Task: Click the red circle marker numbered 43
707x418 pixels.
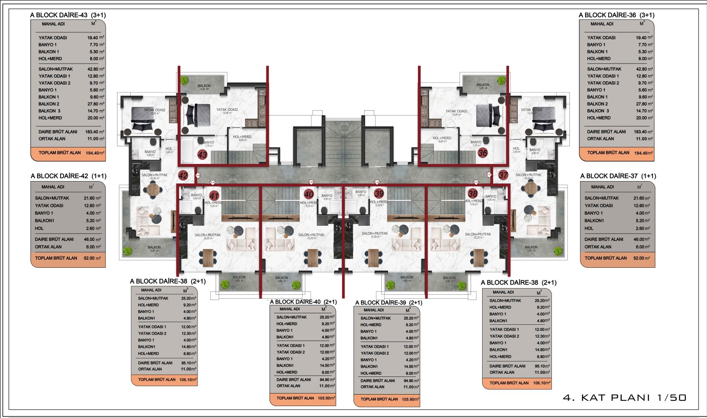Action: tap(202, 155)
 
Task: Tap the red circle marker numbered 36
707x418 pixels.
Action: tap(483, 153)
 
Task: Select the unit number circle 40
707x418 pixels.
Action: tap(309, 194)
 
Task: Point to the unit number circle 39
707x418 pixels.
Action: tap(379, 194)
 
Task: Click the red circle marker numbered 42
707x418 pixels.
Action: tap(183, 175)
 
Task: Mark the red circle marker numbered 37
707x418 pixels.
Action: tap(503, 175)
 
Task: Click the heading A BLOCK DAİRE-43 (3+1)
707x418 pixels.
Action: tap(68, 15)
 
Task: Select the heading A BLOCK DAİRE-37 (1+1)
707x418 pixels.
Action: tap(618, 176)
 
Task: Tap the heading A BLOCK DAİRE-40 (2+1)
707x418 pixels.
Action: tap(303, 302)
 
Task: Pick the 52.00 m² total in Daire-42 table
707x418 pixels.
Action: tap(92, 258)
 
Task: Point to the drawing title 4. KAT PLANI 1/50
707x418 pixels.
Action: tap(624, 398)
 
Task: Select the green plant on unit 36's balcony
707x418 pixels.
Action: tap(501, 80)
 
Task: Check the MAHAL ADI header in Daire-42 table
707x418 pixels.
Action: tap(53, 187)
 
